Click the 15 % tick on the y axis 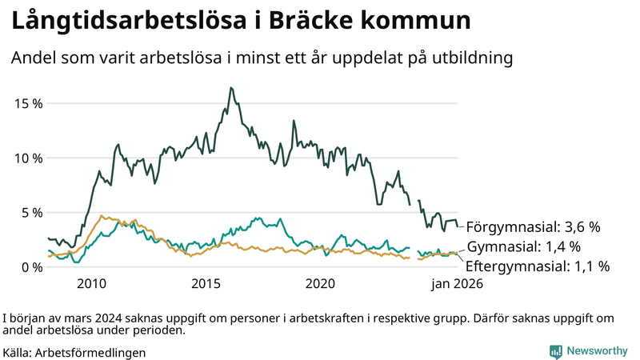[x=28, y=103]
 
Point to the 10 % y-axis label [x=28, y=158]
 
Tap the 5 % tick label [x=31, y=212]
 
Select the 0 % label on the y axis [x=31, y=266]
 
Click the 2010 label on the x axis [x=91, y=284]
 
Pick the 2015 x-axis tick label [x=206, y=284]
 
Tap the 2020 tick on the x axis [x=320, y=284]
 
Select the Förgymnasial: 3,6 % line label [x=533, y=226]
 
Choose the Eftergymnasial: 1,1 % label [x=538, y=266]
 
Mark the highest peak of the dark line [x=230, y=88]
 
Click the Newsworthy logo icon [x=555, y=351]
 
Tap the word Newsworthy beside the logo [x=597, y=351]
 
